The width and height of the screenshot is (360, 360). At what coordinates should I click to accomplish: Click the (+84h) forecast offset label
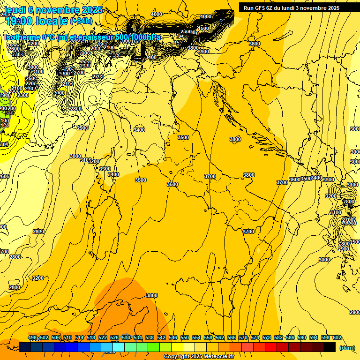pyautogui.click(x=81, y=21)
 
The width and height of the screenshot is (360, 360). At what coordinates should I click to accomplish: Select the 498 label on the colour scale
pyautogui.click(x=32, y=338)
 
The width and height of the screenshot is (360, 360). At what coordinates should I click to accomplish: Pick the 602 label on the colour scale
pyautogui.click(x=337, y=338)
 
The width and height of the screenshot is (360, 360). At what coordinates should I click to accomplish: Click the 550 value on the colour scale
pyautogui.click(x=185, y=338)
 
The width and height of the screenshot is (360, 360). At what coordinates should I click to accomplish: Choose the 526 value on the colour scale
pyautogui.click(x=114, y=338)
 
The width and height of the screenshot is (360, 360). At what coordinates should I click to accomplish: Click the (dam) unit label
pyautogui.click(x=347, y=347)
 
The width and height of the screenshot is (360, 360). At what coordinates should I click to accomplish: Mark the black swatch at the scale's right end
pyautogui.click(x=330, y=347)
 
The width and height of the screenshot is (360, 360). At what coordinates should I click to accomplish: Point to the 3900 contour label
pyautogui.click(x=203, y=52)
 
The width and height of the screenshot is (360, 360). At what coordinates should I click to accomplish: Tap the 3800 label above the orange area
pyautogui.click(x=151, y=295)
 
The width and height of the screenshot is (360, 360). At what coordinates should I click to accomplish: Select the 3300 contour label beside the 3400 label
pyautogui.click(x=105, y=169)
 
